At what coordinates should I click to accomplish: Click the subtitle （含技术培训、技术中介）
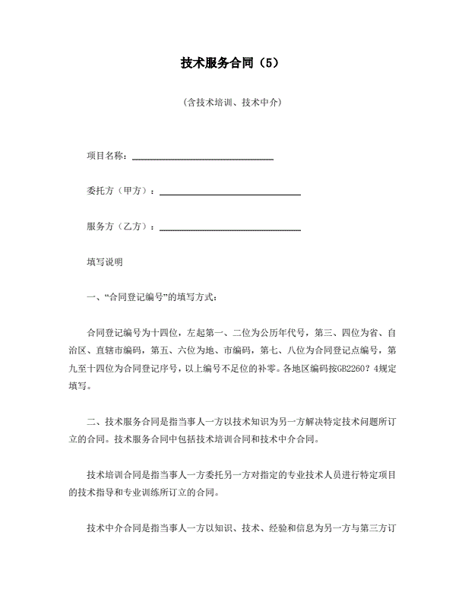[232, 102]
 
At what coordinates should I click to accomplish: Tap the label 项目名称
[106, 156]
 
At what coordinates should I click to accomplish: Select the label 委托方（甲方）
[119, 191]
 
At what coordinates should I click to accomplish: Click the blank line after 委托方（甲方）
[229, 194]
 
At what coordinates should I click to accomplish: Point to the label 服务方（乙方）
[119, 227]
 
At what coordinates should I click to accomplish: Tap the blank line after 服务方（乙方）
[229, 229]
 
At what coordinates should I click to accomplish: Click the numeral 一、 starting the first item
[93, 297]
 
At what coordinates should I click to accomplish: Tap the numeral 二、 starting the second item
[93, 421]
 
